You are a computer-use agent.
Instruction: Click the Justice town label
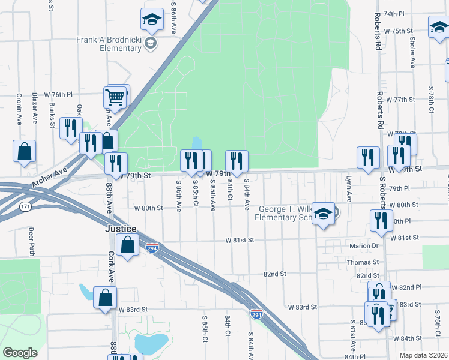121,229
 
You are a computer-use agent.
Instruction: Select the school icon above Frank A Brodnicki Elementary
152,20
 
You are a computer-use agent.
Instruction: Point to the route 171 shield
25,206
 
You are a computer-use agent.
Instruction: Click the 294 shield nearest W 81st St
152,248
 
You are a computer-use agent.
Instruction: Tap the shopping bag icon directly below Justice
127,244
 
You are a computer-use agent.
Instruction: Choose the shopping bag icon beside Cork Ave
105,297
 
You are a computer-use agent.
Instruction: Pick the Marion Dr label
362,246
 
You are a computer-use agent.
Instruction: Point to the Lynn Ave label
348,188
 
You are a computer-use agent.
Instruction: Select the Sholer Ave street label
412,53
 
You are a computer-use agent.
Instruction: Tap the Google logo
19,353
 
